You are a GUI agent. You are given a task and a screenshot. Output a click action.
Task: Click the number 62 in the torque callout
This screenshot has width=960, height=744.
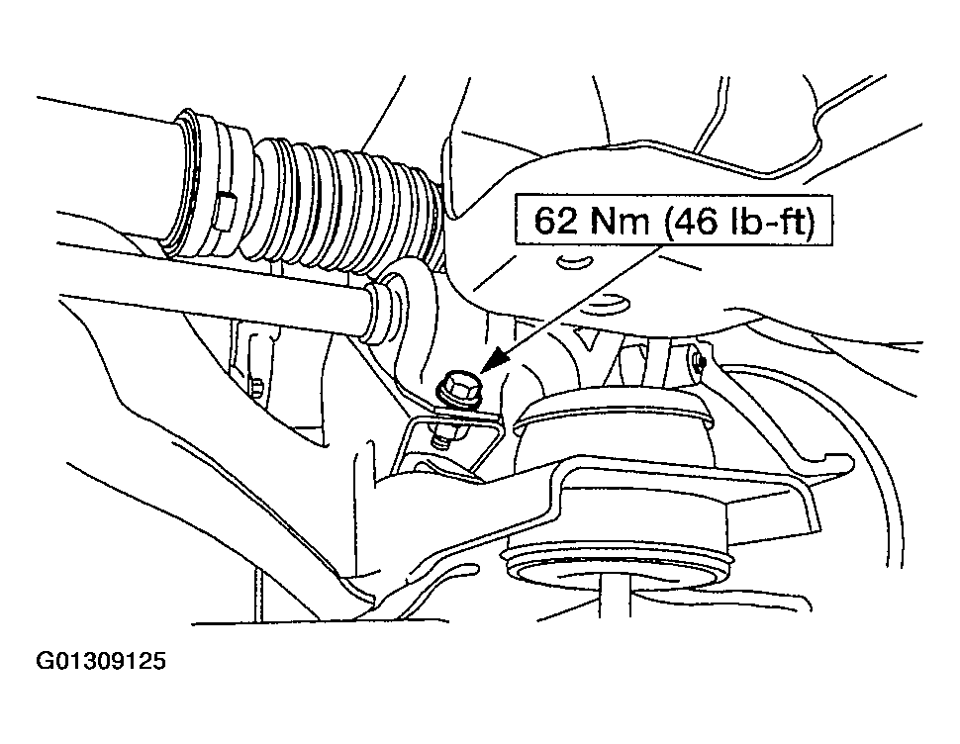coord(555,221)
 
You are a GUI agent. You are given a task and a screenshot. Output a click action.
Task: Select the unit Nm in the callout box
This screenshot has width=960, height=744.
coord(619,221)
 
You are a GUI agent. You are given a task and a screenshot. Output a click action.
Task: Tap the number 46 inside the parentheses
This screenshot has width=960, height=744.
coord(696,221)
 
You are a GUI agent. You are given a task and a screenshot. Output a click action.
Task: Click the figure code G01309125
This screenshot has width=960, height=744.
coord(101,661)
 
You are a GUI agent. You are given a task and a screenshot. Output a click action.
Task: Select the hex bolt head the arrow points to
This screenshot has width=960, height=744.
coord(458,388)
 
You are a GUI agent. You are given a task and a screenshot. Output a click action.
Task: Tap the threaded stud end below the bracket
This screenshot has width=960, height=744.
coord(440,437)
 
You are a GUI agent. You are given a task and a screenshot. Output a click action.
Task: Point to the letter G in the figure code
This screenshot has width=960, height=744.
coord(45,661)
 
